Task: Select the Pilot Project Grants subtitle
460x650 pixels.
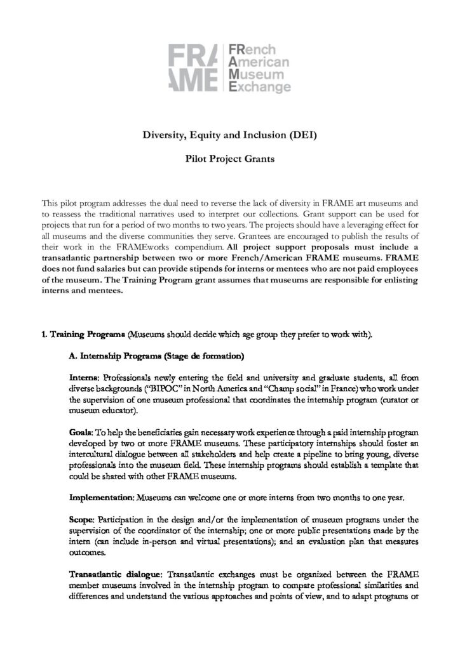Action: (229, 159)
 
